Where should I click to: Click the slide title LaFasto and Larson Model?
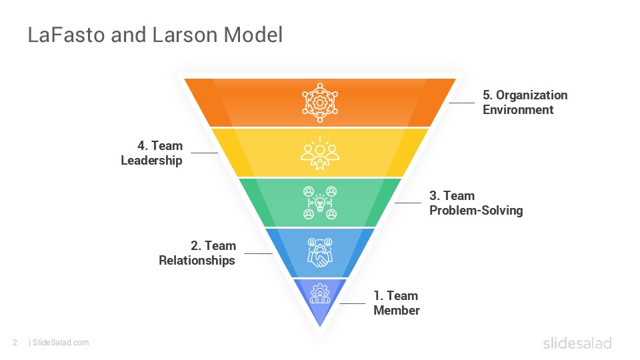[155, 35]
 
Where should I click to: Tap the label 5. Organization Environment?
[525, 102]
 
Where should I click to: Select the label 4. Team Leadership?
[152, 153]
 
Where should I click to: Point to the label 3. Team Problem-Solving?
[475, 203]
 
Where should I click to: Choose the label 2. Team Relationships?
[197, 253]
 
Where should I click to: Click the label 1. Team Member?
[396, 303]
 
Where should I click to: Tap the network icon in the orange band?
[320, 101]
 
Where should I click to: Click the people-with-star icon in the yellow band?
[320, 153]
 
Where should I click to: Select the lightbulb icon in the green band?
[320, 203]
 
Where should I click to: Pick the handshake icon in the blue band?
[320, 253]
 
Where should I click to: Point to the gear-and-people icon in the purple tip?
[320, 295]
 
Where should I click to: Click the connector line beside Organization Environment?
[461, 103]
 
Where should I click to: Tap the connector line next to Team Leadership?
[204, 153]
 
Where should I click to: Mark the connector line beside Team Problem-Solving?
[407, 203]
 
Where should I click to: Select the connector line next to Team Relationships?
[258, 253]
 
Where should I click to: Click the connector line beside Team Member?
[353, 303]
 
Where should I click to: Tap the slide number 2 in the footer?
[14, 343]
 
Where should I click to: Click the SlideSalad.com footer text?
[60, 343]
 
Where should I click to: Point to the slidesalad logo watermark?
[577, 343]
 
